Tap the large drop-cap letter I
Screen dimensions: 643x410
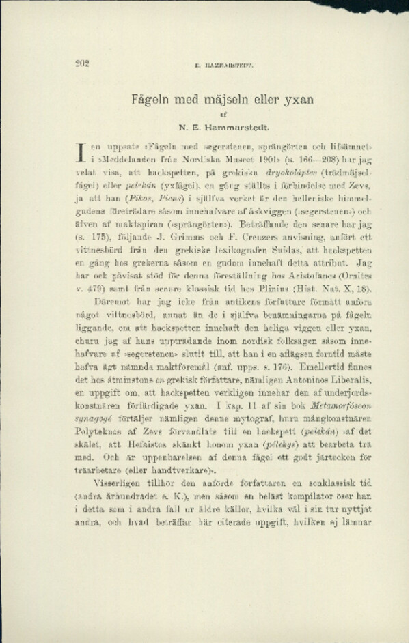[x=80, y=152]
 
